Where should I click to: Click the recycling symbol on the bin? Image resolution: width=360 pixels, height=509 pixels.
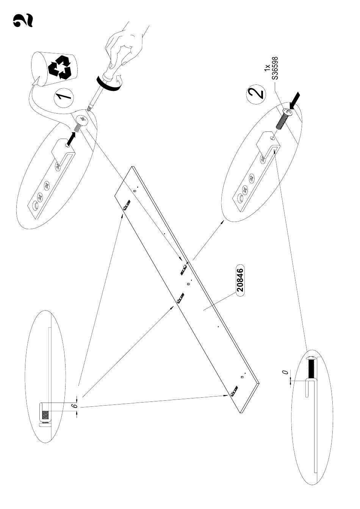click(x=61, y=67)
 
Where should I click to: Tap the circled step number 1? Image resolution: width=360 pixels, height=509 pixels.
click(x=63, y=98)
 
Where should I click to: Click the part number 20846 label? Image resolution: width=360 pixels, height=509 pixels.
click(x=240, y=280)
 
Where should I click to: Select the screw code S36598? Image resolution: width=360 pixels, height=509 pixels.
click(x=275, y=68)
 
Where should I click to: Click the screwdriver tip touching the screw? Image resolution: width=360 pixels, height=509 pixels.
click(x=88, y=110)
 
